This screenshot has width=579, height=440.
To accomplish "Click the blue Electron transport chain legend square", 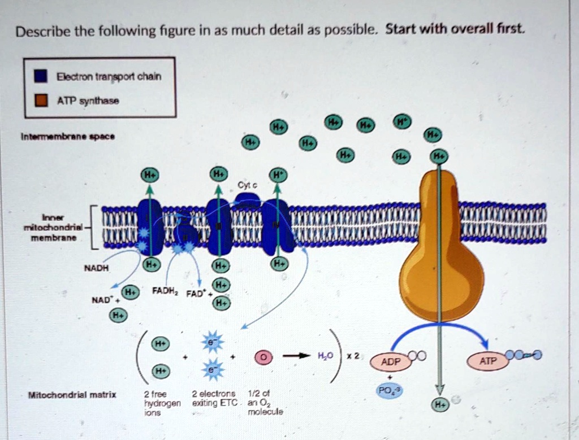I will coord(40,76).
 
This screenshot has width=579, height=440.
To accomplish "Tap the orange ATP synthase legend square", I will coord(40,101).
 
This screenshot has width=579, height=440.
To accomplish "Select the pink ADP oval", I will coord(390,361).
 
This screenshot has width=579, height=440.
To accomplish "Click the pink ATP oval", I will coord(488,359).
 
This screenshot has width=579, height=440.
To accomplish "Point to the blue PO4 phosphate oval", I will coord(390,390).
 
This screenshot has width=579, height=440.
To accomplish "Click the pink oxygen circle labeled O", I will coord(262,357).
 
